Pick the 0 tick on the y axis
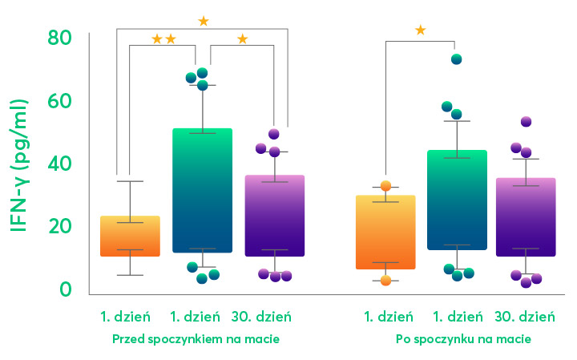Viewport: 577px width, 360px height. [66, 289]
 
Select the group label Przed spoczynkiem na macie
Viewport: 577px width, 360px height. [196, 340]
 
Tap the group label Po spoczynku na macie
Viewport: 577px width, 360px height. [463, 340]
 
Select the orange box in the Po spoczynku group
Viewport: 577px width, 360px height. [385, 232]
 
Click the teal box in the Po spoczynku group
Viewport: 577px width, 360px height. [457, 200]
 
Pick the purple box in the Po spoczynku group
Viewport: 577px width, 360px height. [526, 216]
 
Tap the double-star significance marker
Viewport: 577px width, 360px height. [164, 38]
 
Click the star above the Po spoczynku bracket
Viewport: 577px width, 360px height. [420, 30]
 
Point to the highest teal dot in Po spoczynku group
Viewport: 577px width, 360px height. [457, 59]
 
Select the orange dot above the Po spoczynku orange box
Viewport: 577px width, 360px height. [385, 186]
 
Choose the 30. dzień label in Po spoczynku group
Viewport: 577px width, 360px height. [525, 317]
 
